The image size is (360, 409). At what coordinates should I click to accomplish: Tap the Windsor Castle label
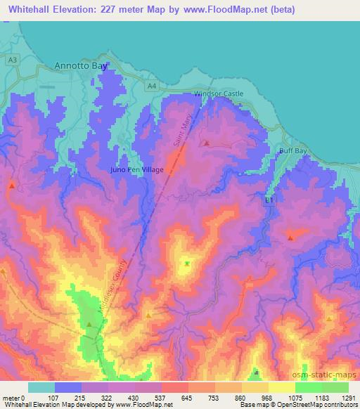click(x=218, y=93)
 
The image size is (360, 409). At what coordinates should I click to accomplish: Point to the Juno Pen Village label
click(x=138, y=170)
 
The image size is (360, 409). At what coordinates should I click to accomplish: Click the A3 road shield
click(x=13, y=62)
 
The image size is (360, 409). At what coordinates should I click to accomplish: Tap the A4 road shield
click(x=152, y=86)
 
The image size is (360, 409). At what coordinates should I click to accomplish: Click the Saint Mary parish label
click(x=182, y=131)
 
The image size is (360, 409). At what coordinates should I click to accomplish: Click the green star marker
click(x=187, y=264)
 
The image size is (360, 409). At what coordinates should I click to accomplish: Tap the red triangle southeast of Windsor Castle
click(x=206, y=143)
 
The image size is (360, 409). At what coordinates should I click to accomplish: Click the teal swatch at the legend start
click(x=41, y=387)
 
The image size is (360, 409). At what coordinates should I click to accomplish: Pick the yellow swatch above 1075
click(x=282, y=387)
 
